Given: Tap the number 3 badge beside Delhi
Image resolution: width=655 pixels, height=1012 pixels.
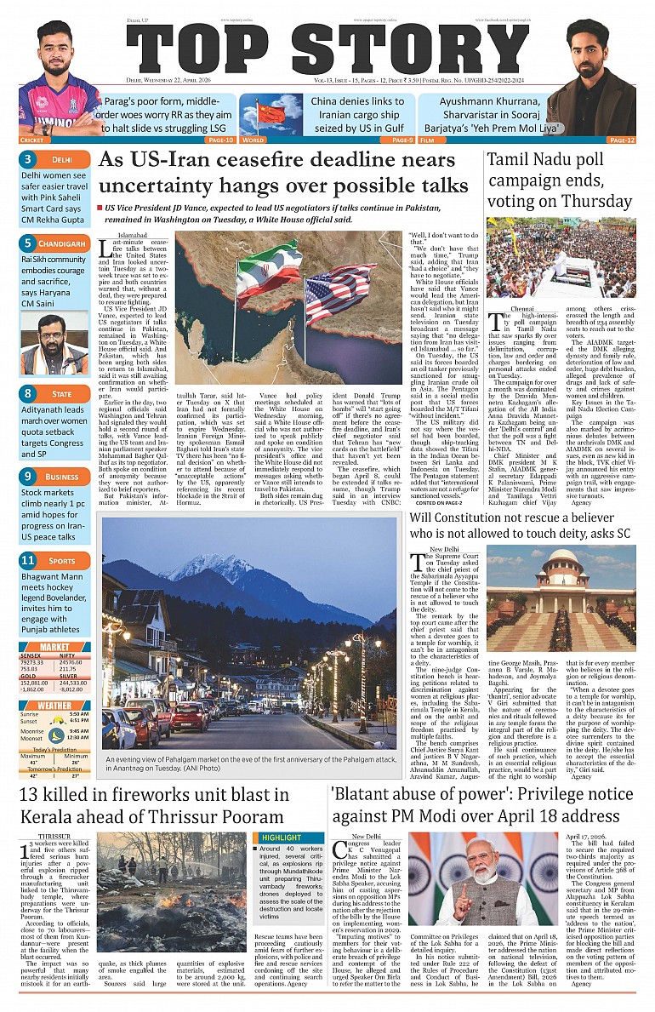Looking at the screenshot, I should click(x=28, y=159).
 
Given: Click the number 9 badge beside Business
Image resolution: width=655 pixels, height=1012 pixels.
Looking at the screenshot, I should click(x=28, y=477).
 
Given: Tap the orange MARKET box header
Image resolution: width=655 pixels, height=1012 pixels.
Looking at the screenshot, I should click(x=55, y=648).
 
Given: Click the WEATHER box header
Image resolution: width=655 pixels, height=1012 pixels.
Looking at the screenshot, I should click(x=55, y=706).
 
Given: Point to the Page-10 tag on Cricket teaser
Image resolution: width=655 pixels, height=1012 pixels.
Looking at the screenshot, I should click(x=219, y=140).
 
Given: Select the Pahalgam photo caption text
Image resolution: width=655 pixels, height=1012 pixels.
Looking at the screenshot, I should click(x=249, y=764).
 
